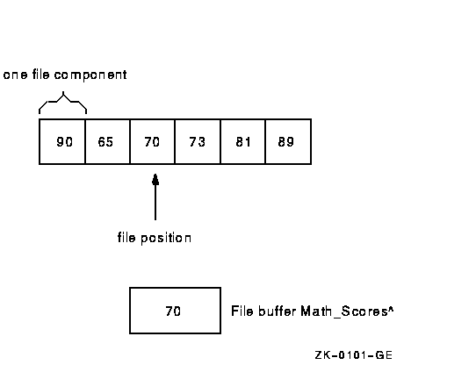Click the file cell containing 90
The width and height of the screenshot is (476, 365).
pyautogui.click(x=62, y=141)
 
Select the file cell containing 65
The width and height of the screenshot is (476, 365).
pyautogui.click(x=107, y=141)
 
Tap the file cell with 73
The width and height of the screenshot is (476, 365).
pyautogui.click(x=198, y=141)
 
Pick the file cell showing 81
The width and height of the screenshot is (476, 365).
pyautogui.click(x=243, y=141)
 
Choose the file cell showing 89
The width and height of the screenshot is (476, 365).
pyautogui.click(x=288, y=141)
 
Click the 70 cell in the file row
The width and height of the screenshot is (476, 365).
pyautogui.click(x=153, y=141)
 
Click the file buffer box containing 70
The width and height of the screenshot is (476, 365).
pyautogui.click(x=175, y=311)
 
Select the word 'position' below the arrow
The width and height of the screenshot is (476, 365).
pyautogui.click(x=166, y=238)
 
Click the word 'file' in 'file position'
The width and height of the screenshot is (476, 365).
pyautogui.click(x=126, y=237)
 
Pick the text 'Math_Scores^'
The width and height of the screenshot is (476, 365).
pyautogui.click(x=347, y=311)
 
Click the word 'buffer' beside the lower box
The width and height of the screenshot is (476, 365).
pyautogui.click(x=278, y=311)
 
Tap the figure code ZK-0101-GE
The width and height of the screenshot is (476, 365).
pyautogui.click(x=354, y=355)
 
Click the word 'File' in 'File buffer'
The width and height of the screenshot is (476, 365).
pyautogui.click(x=242, y=311)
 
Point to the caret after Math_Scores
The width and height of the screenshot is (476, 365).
pyautogui.click(x=391, y=309)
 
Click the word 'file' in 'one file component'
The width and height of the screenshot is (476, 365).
pyautogui.click(x=40, y=75)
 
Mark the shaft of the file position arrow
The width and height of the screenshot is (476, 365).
pyautogui.click(x=155, y=202)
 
